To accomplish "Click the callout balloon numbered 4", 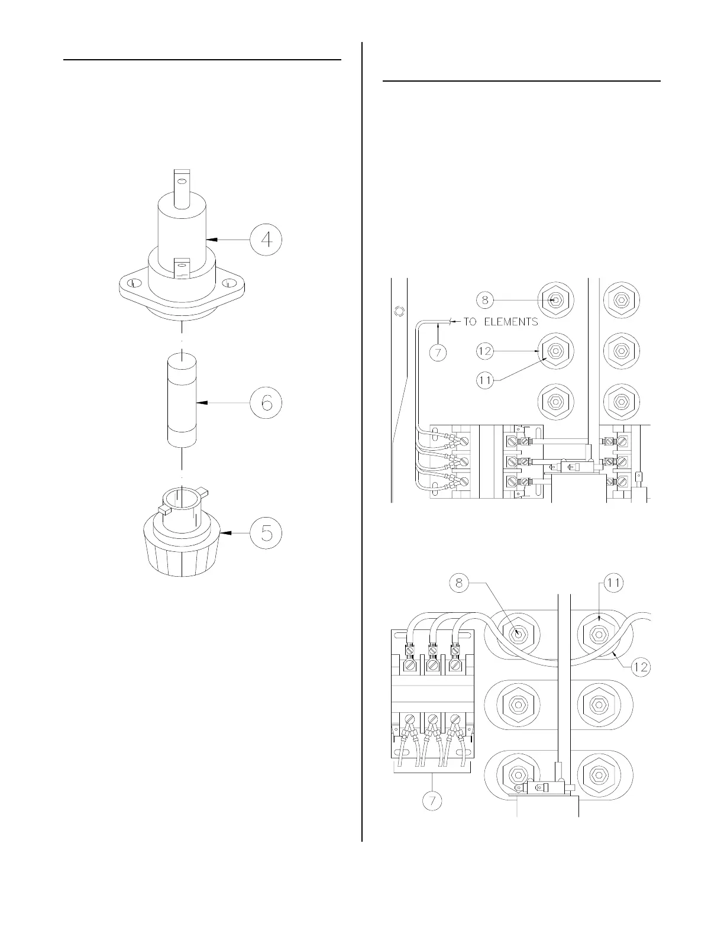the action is pos(266,239).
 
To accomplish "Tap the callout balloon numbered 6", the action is pos(266,403).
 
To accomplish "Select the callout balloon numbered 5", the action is pos(266,532).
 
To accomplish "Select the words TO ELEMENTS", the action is pos(500,322).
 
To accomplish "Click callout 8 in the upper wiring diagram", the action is pos(486,300).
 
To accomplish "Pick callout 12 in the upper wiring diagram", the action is pos(486,351).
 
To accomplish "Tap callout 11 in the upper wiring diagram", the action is pos(486,381).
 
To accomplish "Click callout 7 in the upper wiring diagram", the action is pos(437,353).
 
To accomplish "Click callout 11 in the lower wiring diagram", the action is pos(613,583).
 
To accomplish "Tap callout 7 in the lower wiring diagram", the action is pos(433,802).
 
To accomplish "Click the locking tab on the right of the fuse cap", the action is pos(202,490).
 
